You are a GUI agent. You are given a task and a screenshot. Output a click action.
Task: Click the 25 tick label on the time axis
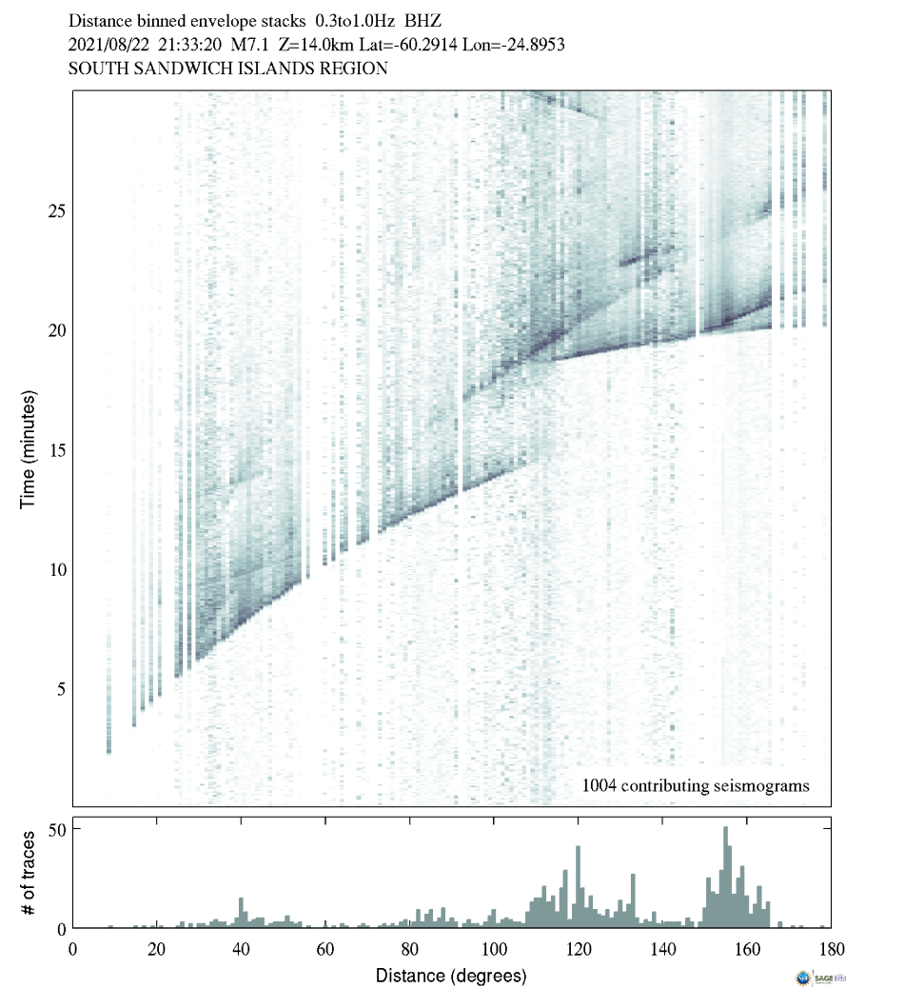[x=56, y=210]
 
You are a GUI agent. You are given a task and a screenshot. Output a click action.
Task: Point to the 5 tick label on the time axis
[x=60, y=688]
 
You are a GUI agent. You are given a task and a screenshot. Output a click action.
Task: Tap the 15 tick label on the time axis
[x=56, y=449]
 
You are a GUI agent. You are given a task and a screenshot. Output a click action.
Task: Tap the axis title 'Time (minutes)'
[x=29, y=447]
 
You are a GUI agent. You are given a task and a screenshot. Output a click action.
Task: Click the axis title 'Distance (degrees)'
[x=450, y=976]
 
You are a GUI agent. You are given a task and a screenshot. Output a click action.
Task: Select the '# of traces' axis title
[x=29, y=871]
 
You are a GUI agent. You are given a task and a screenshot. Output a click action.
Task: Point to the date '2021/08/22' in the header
[x=108, y=44]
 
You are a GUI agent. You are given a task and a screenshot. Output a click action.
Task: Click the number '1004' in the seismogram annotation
[x=600, y=785]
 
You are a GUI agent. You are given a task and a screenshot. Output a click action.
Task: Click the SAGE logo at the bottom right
[x=822, y=978]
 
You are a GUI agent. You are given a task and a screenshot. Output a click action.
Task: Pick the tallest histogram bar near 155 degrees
[x=726, y=877]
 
